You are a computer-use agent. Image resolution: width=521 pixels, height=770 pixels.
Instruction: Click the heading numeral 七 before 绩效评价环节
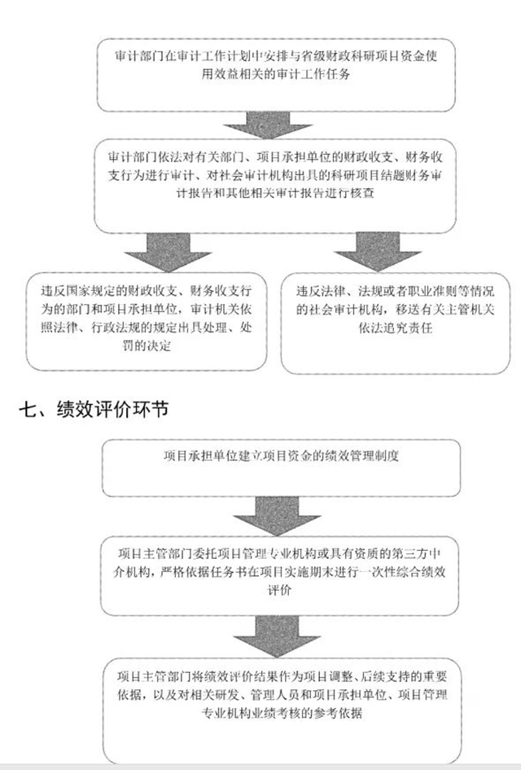(27, 408)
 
